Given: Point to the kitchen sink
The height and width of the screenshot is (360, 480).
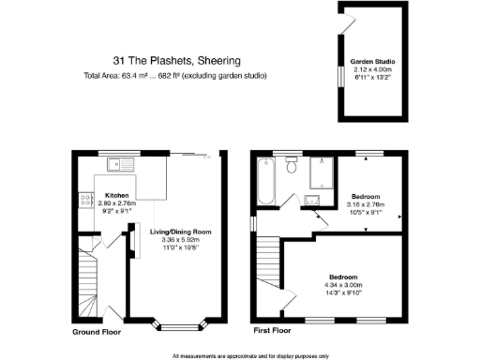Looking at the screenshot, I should point(120,166).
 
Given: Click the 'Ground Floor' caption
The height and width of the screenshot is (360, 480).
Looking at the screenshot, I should point(98,332).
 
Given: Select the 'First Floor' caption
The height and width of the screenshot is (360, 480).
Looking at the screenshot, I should point(274,332).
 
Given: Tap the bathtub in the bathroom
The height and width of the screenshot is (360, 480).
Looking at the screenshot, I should point(265,181).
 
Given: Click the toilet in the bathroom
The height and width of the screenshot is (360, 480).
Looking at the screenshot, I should point(292,167).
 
